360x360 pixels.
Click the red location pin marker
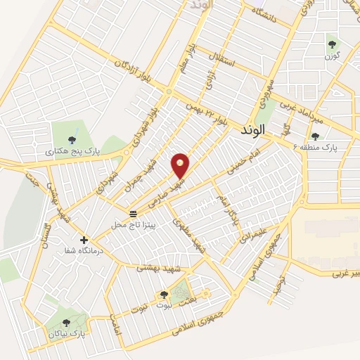(x=181, y=165)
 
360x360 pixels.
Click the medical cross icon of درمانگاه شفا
(x=84, y=240)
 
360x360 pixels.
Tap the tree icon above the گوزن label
(x=331, y=46)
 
